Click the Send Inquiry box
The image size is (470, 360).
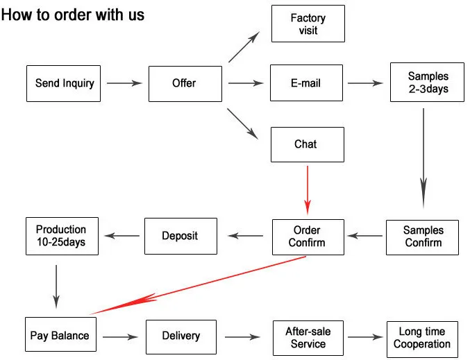pyautogui.click(x=64, y=83)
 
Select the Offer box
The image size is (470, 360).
pyautogui.click(x=185, y=83)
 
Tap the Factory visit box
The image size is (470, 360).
pyautogui.click(x=308, y=24)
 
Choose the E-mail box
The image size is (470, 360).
pyautogui.click(x=306, y=83)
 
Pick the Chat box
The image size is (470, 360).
pyautogui.click(x=306, y=144)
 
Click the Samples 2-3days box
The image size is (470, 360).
pyautogui.click(x=428, y=83)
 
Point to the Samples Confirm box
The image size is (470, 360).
pyautogui.click(x=423, y=237)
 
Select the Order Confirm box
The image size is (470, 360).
pyautogui.click(x=308, y=237)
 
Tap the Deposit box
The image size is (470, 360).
pyautogui.click(x=181, y=236)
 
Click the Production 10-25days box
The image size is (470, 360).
pyautogui.click(x=61, y=236)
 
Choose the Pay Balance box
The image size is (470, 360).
pyautogui.click(x=60, y=336)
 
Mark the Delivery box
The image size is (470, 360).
pyautogui.click(x=181, y=336)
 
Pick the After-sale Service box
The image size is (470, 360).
pyautogui.click(x=308, y=338)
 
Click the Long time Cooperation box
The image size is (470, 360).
pyautogui.click(x=422, y=338)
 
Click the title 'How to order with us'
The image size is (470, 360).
pyautogui.click(x=73, y=14)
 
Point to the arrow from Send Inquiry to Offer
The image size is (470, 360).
pyautogui.click(x=124, y=83)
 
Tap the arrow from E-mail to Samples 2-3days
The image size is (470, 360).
pyautogui.click(x=365, y=83)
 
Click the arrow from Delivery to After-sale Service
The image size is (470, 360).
pyautogui.click(x=242, y=338)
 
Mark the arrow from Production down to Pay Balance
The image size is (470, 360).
pyautogui.click(x=56, y=285)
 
